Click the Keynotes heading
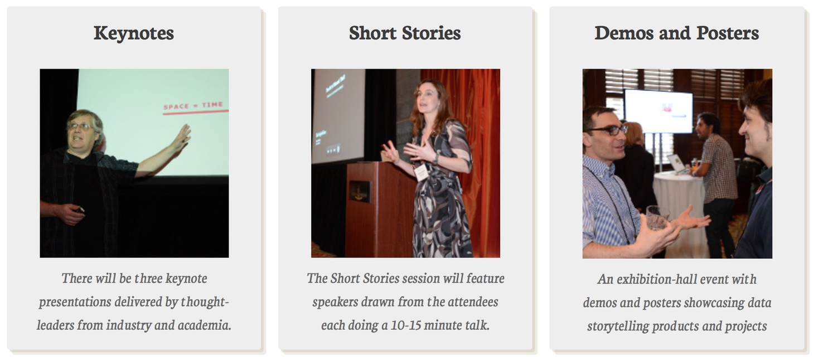point(134,33)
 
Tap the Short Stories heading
point(405,33)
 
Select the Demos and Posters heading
point(677,33)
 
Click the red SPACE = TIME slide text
point(193,106)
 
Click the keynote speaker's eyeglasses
point(81,127)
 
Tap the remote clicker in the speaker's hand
point(79,210)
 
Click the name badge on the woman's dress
point(421,172)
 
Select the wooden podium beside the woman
point(380,210)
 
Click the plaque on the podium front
point(360,191)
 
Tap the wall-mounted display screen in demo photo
point(658,111)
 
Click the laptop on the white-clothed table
point(677,163)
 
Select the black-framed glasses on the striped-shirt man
point(608,130)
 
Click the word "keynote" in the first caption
point(186,278)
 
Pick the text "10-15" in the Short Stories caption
point(405,325)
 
